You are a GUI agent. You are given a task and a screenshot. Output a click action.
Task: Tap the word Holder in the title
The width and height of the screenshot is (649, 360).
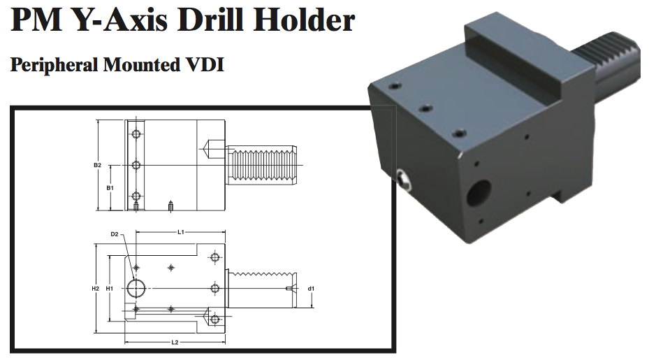click(303, 22)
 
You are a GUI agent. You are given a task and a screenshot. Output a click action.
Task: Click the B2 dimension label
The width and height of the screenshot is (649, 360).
click(98, 166)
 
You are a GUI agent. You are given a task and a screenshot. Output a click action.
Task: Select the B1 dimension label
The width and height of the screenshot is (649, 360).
click(110, 189)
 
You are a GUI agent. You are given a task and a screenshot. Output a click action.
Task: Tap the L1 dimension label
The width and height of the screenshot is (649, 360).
click(180, 231)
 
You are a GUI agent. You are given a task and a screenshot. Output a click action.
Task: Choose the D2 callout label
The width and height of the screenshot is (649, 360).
click(115, 234)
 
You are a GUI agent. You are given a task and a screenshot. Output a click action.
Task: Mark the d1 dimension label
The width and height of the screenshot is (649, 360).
click(312, 288)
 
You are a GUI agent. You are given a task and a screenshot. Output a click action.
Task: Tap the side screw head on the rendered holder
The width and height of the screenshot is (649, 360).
click(403, 180)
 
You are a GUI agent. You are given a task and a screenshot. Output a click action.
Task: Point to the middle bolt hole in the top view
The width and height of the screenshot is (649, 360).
click(137, 165)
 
